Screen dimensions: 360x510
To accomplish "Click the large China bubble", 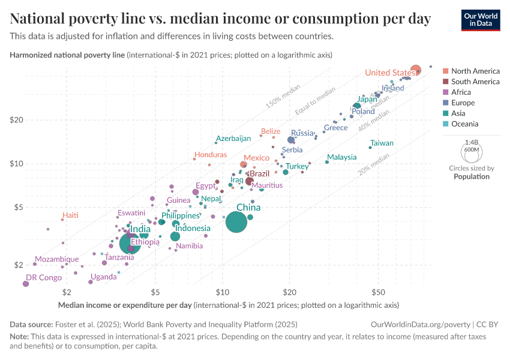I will (237, 222).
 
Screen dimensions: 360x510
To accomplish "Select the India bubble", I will (130, 243).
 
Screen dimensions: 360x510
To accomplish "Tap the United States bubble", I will (415, 70).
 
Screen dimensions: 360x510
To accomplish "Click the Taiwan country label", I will (382, 143).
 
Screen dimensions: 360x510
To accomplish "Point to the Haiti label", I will (70, 215).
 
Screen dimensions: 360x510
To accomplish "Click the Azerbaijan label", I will (233, 138).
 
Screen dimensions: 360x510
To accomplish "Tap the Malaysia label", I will (341, 157).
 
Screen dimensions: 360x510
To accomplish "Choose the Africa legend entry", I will (465, 92).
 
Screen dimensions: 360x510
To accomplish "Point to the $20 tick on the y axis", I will (32, 120).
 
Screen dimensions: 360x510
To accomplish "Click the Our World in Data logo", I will (481, 19).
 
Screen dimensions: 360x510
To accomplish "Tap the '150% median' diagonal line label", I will (282, 98).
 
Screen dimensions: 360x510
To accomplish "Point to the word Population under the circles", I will (471, 176).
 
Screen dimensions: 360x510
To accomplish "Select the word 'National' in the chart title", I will (39, 19).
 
